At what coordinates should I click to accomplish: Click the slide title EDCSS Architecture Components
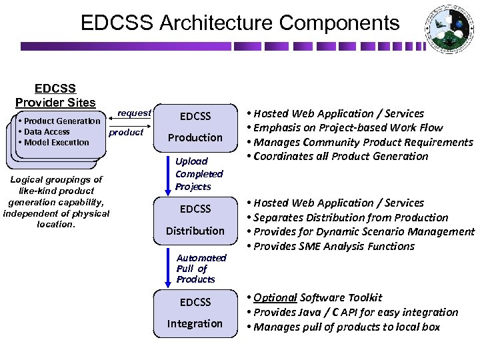coord(240,23)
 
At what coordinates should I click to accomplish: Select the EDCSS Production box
coord(195,127)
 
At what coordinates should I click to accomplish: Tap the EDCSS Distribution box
coord(195,220)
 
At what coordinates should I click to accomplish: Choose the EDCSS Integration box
coord(195,313)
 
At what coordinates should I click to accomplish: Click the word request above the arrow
coord(134,113)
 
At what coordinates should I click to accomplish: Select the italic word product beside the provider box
coord(126,132)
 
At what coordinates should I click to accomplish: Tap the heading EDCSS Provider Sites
coord(55,95)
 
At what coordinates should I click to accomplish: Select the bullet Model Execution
coord(55,142)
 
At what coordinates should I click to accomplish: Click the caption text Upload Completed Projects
coord(199,174)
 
